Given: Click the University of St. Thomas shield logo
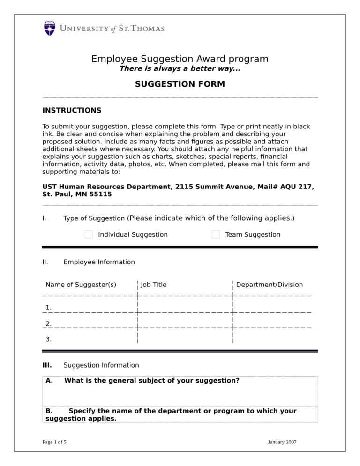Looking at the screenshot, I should pos(50,29).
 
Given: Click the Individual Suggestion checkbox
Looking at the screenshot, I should pos(89,234).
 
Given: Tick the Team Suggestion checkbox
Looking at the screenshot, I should pos(216,234).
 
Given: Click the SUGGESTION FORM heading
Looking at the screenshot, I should pos(180,84).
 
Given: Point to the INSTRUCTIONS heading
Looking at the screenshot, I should pos(72,111).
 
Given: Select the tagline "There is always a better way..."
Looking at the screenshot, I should pos(180,69).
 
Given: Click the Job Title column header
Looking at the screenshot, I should pos(154,285).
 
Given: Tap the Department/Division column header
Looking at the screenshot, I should pos(269,285).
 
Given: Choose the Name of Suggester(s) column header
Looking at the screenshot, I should pos(81,285).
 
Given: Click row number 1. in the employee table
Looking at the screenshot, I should pos(49,308).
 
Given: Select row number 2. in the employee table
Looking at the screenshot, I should pos(49,323).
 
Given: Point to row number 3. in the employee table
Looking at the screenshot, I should pos(49,339).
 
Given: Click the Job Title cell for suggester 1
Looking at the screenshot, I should pos(185,305).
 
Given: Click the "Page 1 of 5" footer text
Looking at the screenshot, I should pos(54,442).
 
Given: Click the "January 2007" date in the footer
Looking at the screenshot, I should pos(282,442).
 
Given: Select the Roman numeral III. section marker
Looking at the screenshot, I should pos(47,365).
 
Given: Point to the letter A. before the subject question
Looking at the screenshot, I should pos(49,381).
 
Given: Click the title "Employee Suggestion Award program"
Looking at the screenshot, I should pos(180,59).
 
